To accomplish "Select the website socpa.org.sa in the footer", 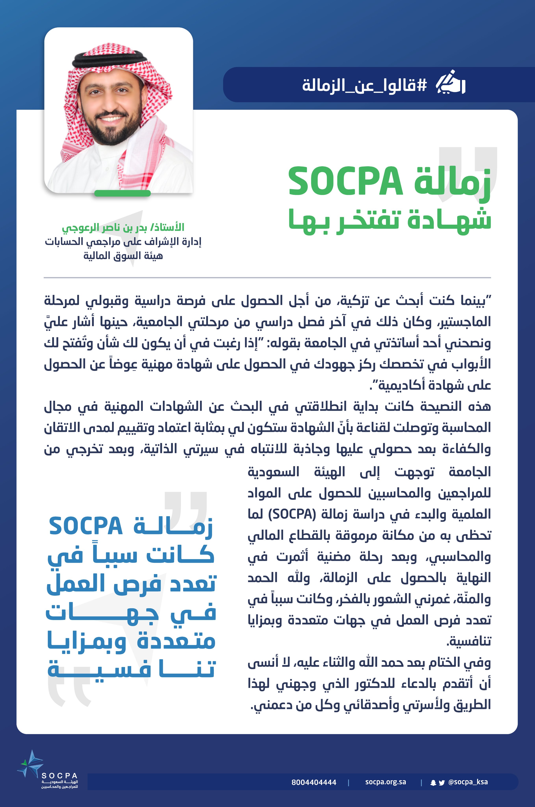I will (x=386, y=782).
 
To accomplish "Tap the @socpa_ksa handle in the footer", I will (x=468, y=782).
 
